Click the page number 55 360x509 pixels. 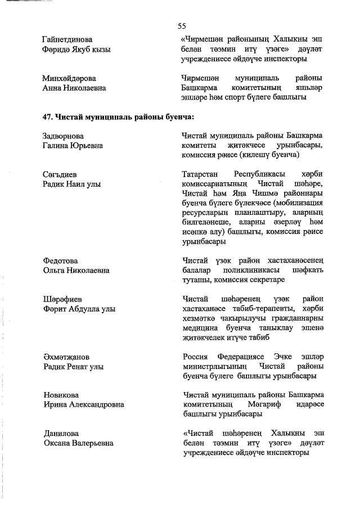pos(182,26)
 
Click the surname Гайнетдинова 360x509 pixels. pos(67,40)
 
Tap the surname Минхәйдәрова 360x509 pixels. pos(70,78)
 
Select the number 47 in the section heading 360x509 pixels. pos(47,117)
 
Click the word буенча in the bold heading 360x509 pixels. pos(177,117)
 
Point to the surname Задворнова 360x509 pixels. pos(63,136)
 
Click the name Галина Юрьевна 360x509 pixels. pos(73,146)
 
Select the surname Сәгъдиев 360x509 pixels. pos(61,174)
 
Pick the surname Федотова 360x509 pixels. pos(60,261)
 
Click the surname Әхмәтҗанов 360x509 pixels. pos(66,357)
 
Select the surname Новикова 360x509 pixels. pos(61,395)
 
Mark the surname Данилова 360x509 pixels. pos(61,433)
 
